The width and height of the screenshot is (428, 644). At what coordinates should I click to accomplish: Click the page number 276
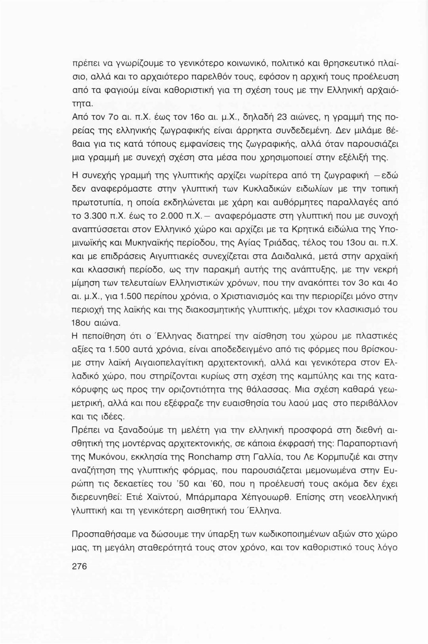[79, 566]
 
